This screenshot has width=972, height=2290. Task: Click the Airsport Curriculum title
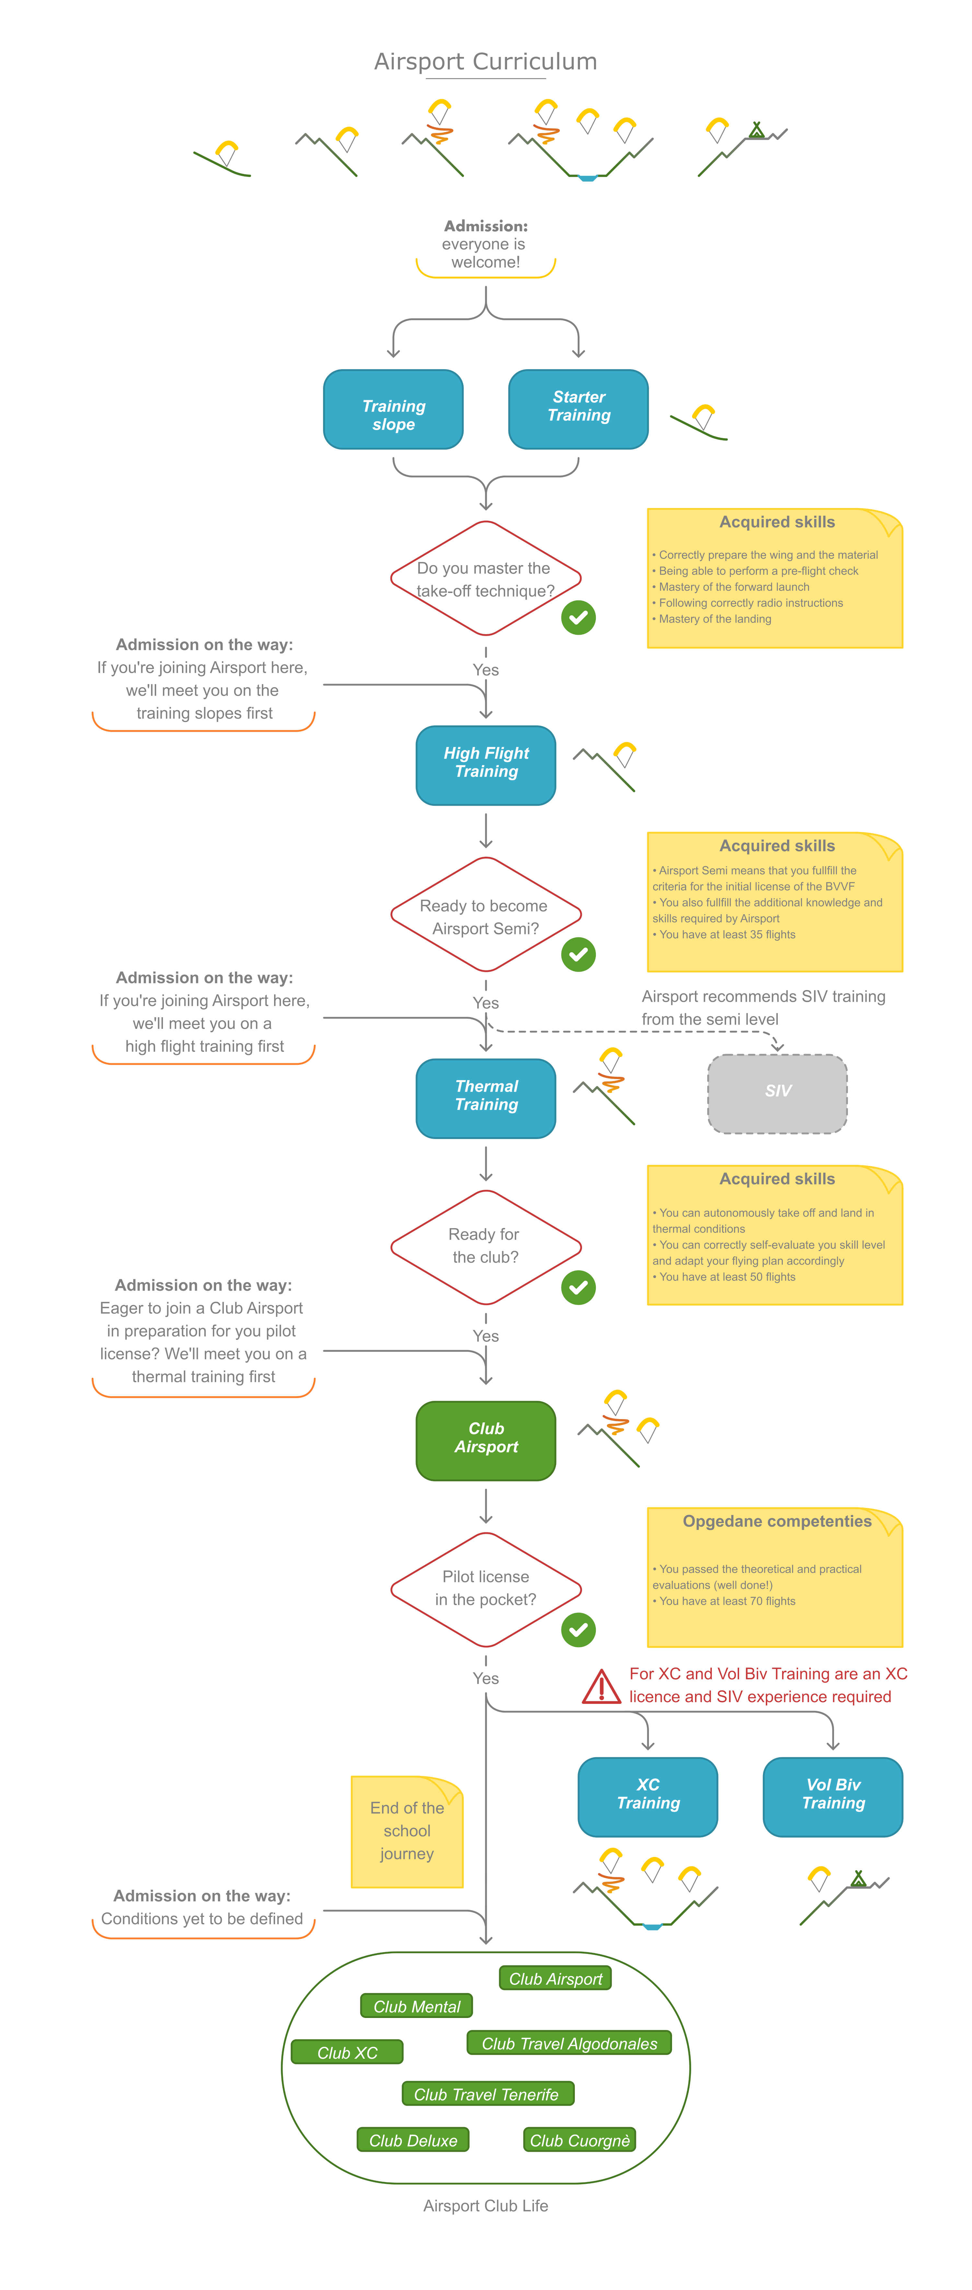(486, 61)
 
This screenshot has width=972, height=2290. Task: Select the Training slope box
(393, 410)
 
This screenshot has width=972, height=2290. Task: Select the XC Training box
(647, 1796)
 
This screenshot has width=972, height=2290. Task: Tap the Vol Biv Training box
(832, 1796)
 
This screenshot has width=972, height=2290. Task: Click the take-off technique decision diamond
(486, 579)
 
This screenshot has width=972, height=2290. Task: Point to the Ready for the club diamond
(486, 1246)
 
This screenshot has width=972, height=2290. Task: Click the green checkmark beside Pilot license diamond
(578, 1629)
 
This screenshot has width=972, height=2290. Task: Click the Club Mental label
(416, 2006)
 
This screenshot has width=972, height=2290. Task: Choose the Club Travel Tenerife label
(487, 2094)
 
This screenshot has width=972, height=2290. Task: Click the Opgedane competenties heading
(776, 1521)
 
